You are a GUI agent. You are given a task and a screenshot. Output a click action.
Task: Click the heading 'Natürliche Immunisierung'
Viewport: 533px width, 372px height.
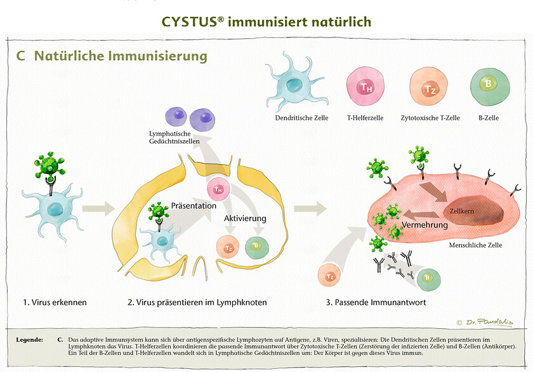click(121, 56)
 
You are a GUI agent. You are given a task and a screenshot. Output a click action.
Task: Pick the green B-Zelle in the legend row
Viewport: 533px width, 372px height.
click(487, 85)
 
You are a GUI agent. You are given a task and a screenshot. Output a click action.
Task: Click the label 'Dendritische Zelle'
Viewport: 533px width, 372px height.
click(297, 118)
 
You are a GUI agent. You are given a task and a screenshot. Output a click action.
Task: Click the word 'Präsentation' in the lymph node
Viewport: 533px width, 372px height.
click(194, 205)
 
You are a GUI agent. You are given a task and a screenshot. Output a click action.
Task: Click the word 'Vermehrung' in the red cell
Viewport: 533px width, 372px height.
click(421, 226)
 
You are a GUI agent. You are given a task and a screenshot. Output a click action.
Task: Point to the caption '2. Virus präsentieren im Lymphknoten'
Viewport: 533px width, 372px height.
click(198, 302)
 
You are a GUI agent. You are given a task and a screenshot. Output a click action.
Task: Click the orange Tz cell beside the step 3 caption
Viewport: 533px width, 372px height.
click(330, 276)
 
